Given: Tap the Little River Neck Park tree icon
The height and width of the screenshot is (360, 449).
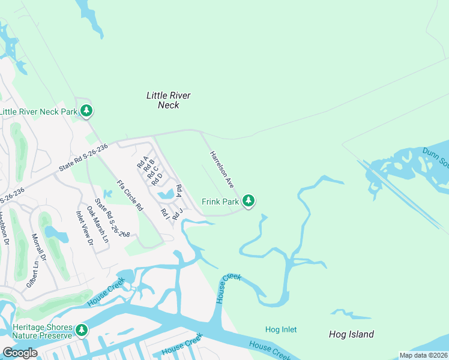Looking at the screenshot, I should [x=87, y=111].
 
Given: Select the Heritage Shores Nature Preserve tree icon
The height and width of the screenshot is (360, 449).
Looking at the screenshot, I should [x=82, y=330].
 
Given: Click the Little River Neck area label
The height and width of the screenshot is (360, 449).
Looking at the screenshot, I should [x=168, y=100].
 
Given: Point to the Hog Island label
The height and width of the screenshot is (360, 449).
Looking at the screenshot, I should [x=351, y=334].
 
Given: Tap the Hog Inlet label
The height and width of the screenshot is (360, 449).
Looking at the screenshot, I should [x=281, y=329].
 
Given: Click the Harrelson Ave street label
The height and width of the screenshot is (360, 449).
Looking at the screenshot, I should [x=221, y=169].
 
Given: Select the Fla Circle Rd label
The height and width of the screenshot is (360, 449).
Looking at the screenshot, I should [x=130, y=194].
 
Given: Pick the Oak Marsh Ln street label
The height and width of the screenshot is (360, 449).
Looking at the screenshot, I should [x=98, y=224].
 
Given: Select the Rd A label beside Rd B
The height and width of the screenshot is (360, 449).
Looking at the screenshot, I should [x=142, y=162].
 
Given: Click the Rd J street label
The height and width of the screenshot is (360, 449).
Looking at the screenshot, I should [x=176, y=214].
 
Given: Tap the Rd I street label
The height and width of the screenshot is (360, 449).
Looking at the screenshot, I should [x=164, y=213].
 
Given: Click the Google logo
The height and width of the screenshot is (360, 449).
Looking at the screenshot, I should [x=20, y=353].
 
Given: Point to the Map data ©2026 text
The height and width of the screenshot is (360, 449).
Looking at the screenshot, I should [x=423, y=355].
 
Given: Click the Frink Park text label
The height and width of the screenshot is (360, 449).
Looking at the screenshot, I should [x=220, y=202].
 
